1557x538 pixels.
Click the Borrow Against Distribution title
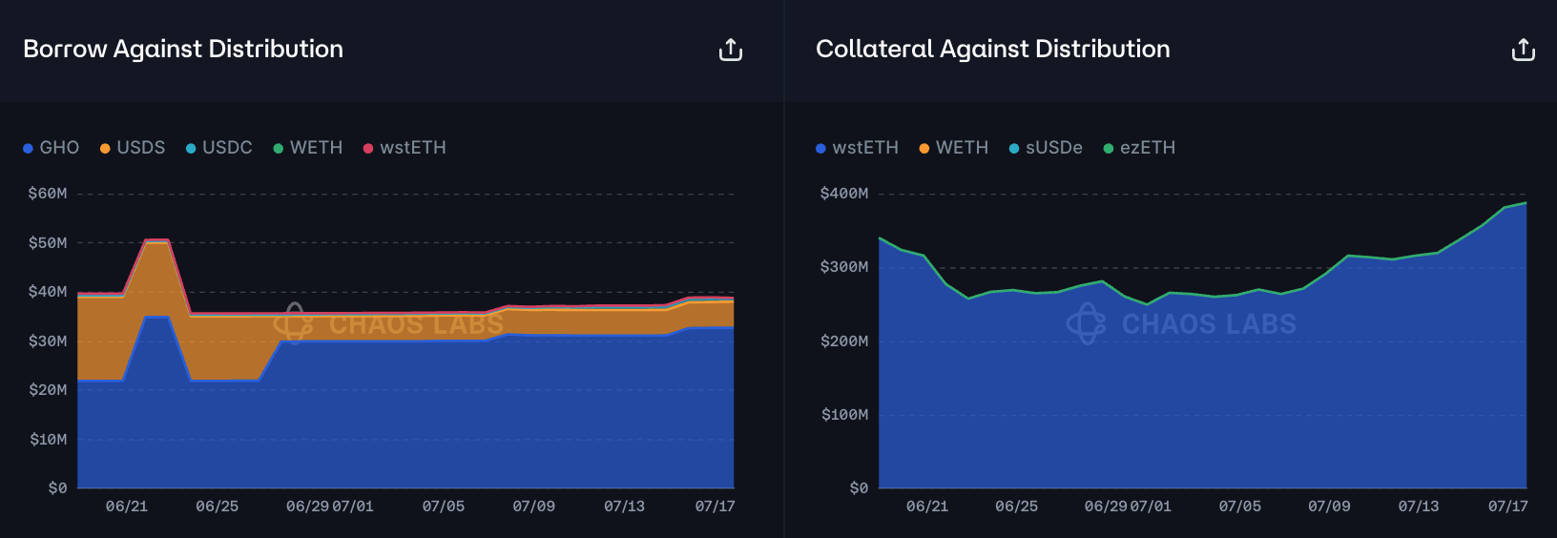tap(183, 49)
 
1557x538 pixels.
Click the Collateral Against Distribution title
tap(992, 49)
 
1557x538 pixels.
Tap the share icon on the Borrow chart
tap(731, 50)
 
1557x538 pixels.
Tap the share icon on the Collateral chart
tap(1524, 50)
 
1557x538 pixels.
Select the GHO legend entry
tap(52, 148)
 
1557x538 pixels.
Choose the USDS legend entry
tap(133, 148)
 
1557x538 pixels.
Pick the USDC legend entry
tap(219, 148)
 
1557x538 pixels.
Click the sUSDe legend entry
tap(1047, 148)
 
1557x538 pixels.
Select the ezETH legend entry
tap(1140, 148)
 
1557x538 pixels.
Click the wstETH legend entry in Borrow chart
tap(405, 148)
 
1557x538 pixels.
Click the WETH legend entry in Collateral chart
tap(954, 148)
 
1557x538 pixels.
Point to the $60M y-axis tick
tap(48, 194)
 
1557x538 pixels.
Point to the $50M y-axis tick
tap(48, 243)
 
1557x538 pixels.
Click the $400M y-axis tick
tap(844, 194)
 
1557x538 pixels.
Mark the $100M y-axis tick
tap(844, 415)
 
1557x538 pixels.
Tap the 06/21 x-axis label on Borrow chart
tap(127, 507)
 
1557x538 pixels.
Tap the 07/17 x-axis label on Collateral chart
tap(1507, 507)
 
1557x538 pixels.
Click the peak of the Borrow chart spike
tap(156, 240)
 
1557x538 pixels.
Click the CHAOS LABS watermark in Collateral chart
tap(1182, 324)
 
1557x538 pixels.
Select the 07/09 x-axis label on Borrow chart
tap(533, 507)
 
